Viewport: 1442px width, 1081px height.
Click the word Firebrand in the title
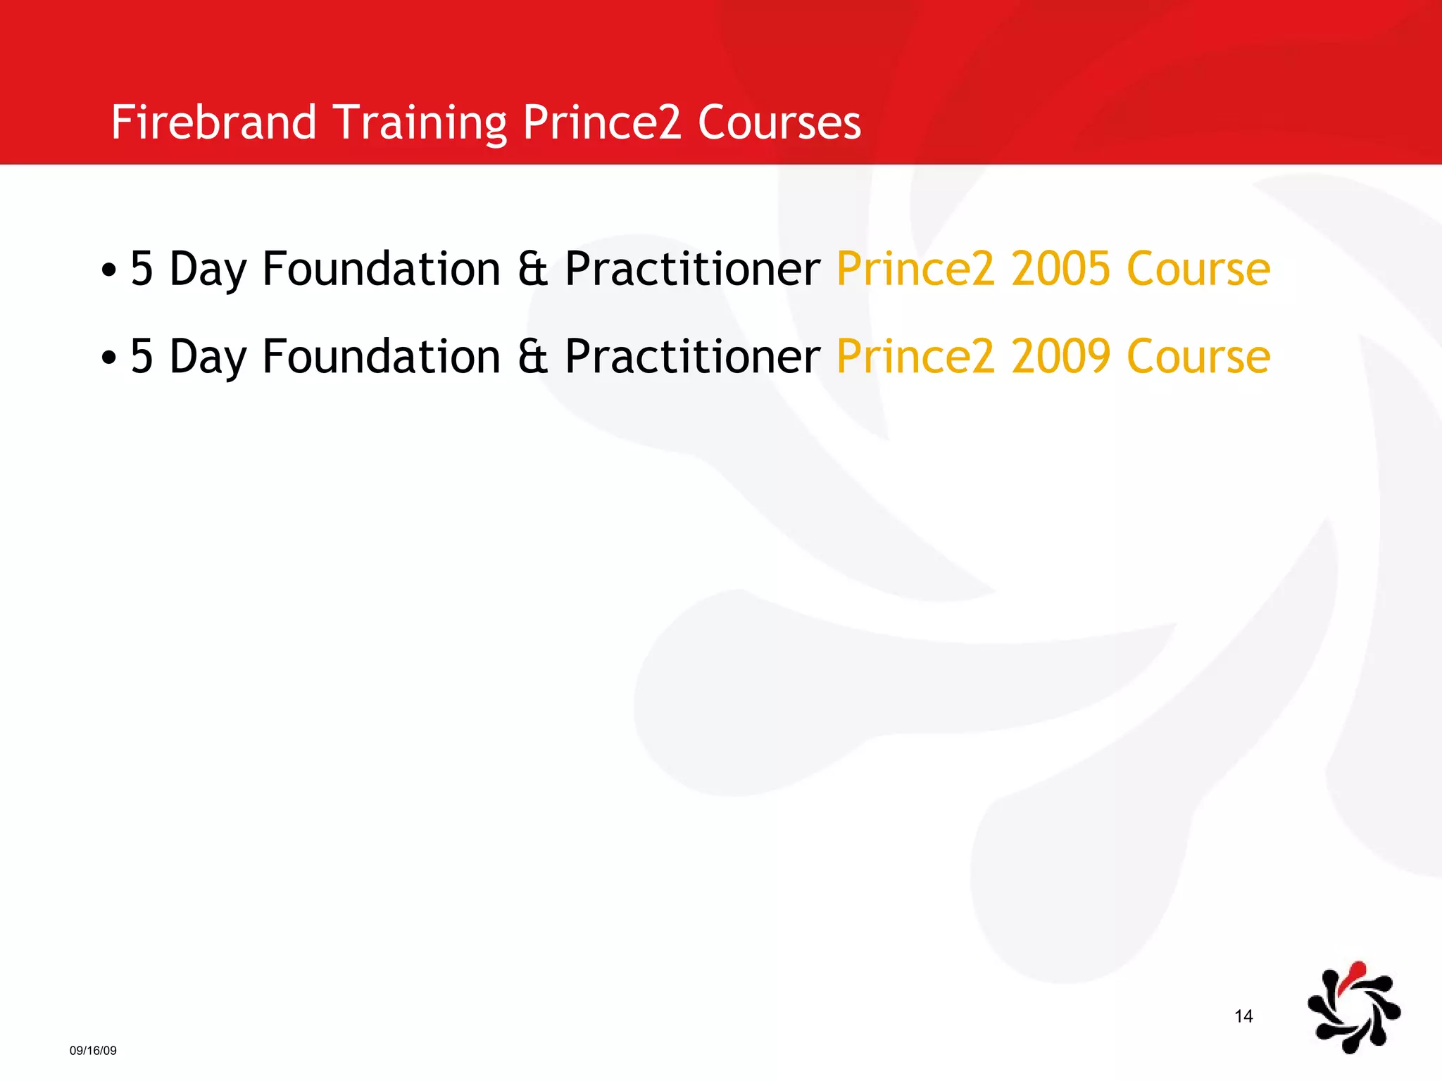point(213,122)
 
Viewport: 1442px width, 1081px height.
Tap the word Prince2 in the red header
point(602,122)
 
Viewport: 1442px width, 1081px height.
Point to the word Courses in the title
point(779,122)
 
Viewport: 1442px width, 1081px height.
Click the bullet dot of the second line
point(108,358)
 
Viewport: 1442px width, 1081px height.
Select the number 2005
point(1061,269)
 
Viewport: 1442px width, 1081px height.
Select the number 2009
point(1061,357)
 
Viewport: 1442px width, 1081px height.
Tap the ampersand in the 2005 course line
point(532,269)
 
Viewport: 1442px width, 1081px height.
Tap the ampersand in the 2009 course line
point(532,357)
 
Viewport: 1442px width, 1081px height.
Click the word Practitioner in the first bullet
point(692,269)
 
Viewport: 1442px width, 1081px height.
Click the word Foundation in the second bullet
point(381,357)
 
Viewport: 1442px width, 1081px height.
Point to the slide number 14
point(1243,1016)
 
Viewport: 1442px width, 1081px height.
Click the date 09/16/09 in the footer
point(93,1051)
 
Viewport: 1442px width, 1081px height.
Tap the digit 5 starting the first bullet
point(142,269)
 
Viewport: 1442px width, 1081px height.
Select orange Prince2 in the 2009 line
point(915,357)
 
